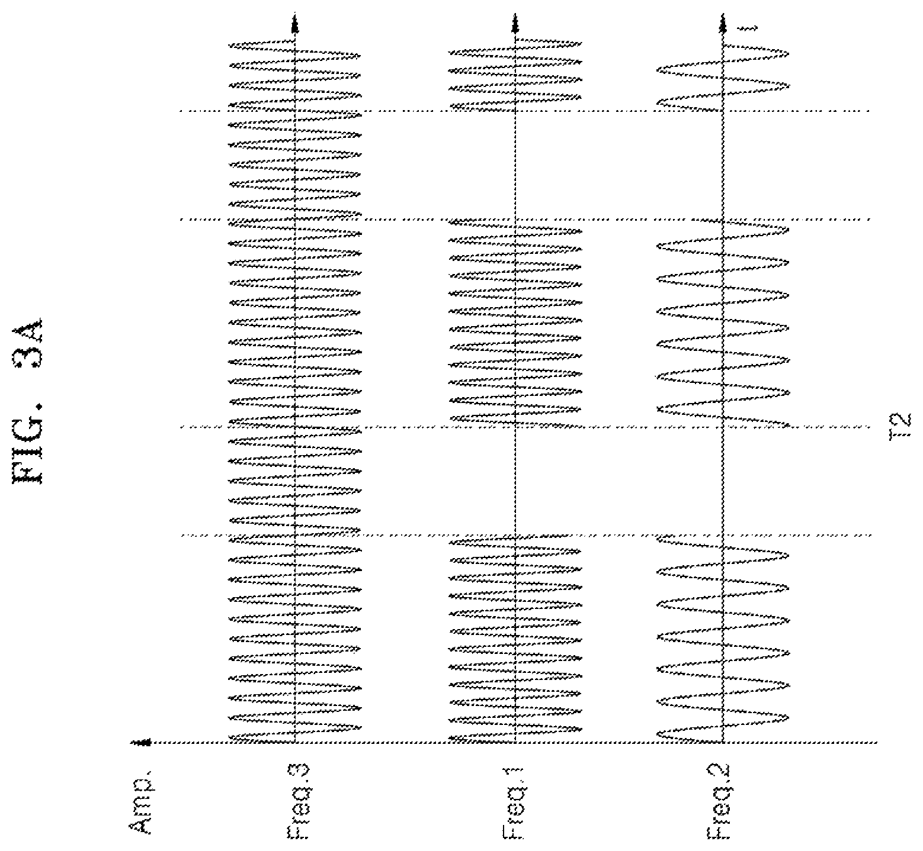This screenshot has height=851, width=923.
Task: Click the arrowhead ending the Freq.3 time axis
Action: click(294, 25)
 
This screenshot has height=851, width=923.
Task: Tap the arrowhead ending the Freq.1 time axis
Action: click(514, 25)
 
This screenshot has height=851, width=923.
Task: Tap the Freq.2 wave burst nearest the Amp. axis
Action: click(723, 639)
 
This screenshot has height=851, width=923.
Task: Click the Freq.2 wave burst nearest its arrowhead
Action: click(723, 75)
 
